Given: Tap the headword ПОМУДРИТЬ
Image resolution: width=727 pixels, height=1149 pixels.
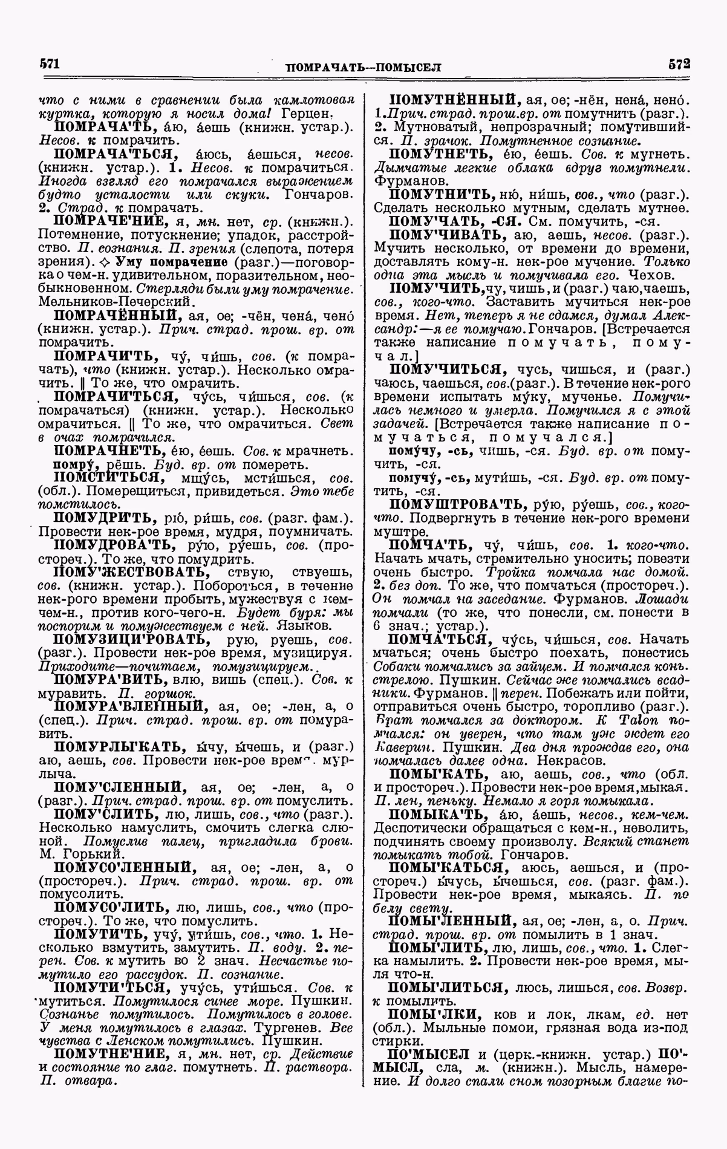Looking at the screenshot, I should [105, 518].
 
